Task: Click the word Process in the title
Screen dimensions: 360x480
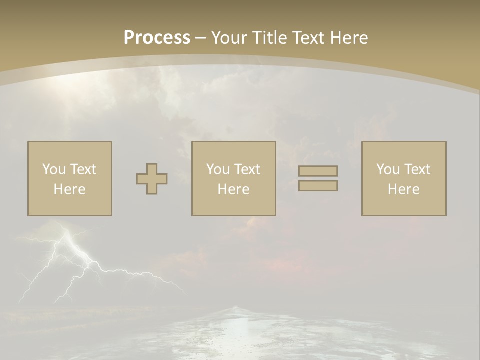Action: (x=157, y=38)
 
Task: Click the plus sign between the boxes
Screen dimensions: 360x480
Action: (x=152, y=179)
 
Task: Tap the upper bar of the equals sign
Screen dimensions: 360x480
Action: (x=318, y=171)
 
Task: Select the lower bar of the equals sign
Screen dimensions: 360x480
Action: (x=318, y=186)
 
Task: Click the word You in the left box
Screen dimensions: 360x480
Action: (x=53, y=169)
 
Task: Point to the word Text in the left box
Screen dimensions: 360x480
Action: (x=82, y=169)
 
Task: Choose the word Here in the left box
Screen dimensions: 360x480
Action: (x=69, y=189)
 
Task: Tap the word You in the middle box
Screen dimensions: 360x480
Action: (x=217, y=169)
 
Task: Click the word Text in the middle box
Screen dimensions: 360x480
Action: (x=246, y=169)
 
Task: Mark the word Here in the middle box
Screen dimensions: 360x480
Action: (x=233, y=189)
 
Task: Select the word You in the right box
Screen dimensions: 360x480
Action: (x=387, y=169)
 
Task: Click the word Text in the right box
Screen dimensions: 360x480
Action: (x=416, y=169)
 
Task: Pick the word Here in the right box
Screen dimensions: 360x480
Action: (x=403, y=189)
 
